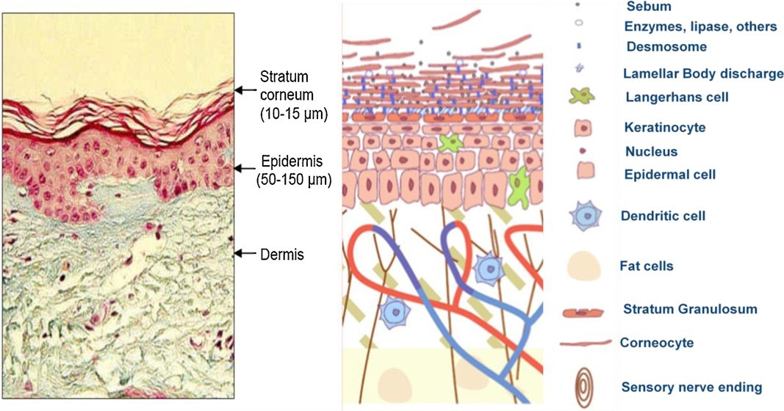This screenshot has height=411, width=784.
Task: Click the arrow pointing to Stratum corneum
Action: click(245, 90)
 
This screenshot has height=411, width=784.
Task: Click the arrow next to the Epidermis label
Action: click(245, 168)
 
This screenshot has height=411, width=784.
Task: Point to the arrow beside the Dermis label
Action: click(245, 254)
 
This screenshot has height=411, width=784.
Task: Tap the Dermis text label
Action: click(282, 255)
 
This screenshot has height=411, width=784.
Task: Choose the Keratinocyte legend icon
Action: click(581, 128)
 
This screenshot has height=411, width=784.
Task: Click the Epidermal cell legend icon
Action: click(581, 173)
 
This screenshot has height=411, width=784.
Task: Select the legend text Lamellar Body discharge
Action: click(702, 73)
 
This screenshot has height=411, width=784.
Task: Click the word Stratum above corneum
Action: click(283, 77)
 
